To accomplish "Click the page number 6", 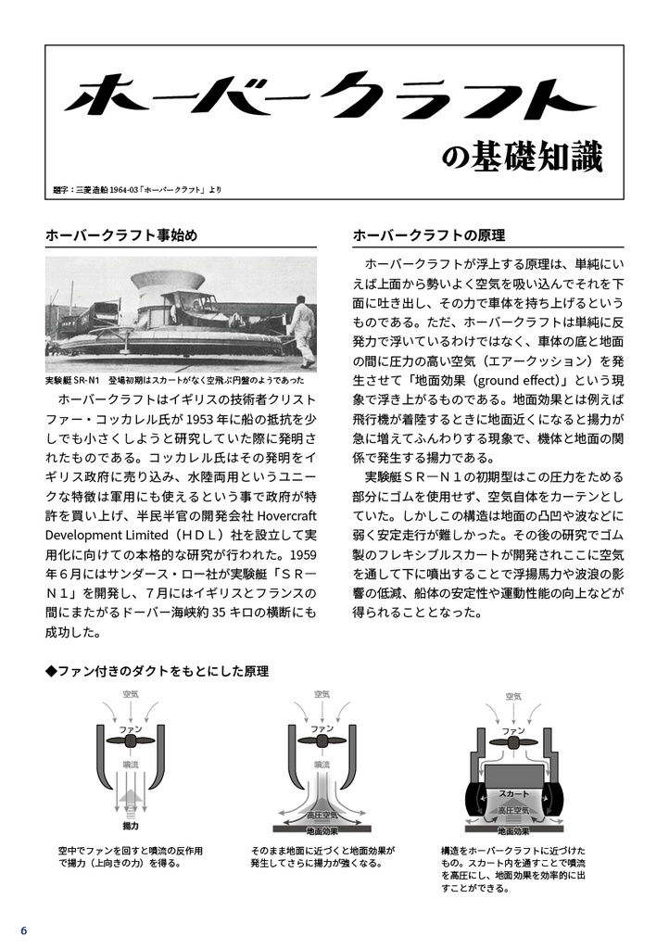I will (24, 930).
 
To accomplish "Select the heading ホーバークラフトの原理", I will (428, 234).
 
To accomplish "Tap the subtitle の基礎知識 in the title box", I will (535, 158).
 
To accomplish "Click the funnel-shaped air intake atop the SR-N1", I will (168, 280).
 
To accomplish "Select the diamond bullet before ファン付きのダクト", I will (51, 670).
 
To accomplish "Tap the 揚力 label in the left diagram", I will (131, 825).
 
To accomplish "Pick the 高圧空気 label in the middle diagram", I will (322, 815).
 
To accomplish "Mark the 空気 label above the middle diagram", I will (322, 693).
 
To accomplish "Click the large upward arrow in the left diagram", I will (131, 799).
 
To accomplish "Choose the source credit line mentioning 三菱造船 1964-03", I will (137, 190).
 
